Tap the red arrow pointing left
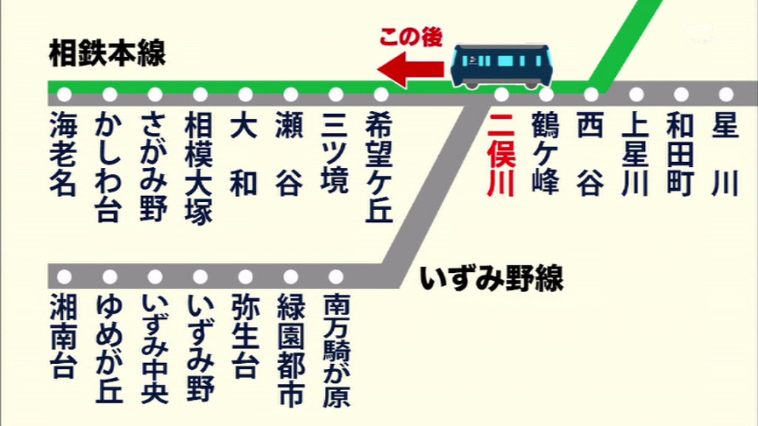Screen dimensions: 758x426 [411, 70]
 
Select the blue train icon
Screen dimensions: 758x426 [502, 66]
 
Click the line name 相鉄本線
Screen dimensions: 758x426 [107, 53]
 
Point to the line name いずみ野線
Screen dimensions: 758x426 [492, 279]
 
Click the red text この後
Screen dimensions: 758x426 [410, 38]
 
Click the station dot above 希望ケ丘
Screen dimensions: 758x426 [381, 95]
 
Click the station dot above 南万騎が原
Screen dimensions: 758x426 [336, 277]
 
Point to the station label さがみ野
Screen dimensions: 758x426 [155, 166]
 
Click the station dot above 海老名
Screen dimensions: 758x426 [64, 95]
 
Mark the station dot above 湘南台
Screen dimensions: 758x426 [64, 277]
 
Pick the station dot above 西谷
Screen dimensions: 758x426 [591, 95]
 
